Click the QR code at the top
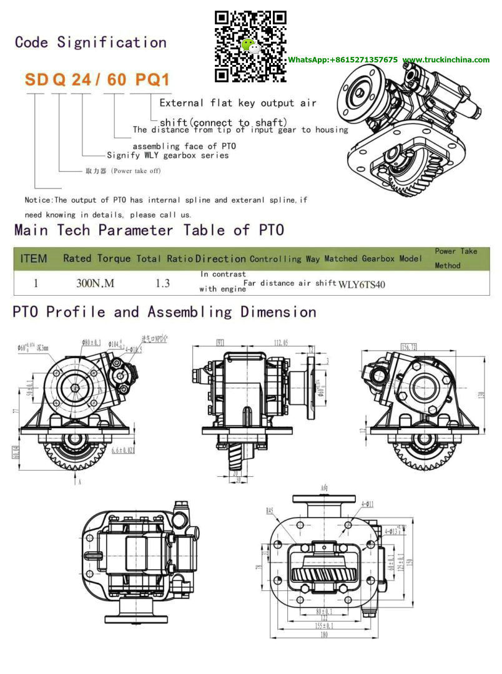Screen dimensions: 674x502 pyautogui.click(x=250, y=46)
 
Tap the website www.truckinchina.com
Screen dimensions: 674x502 pyautogui.click(x=446, y=60)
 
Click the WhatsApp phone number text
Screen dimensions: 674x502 pyautogui.click(x=342, y=60)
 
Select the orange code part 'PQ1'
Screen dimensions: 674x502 pyautogui.click(x=149, y=80)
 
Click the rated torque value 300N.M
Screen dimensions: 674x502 pyautogui.click(x=95, y=283)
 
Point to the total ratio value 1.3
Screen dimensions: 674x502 pyautogui.click(x=162, y=283)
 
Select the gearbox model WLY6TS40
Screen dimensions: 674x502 pyautogui.click(x=362, y=285)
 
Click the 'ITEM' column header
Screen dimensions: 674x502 pyautogui.click(x=34, y=258)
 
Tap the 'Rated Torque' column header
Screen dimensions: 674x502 pyautogui.click(x=97, y=258)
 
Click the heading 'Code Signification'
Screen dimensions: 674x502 pyautogui.click(x=91, y=42)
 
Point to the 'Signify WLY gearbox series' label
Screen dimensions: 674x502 pyautogui.click(x=167, y=155)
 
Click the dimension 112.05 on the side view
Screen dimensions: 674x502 pyautogui.click(x=280, y=342)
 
